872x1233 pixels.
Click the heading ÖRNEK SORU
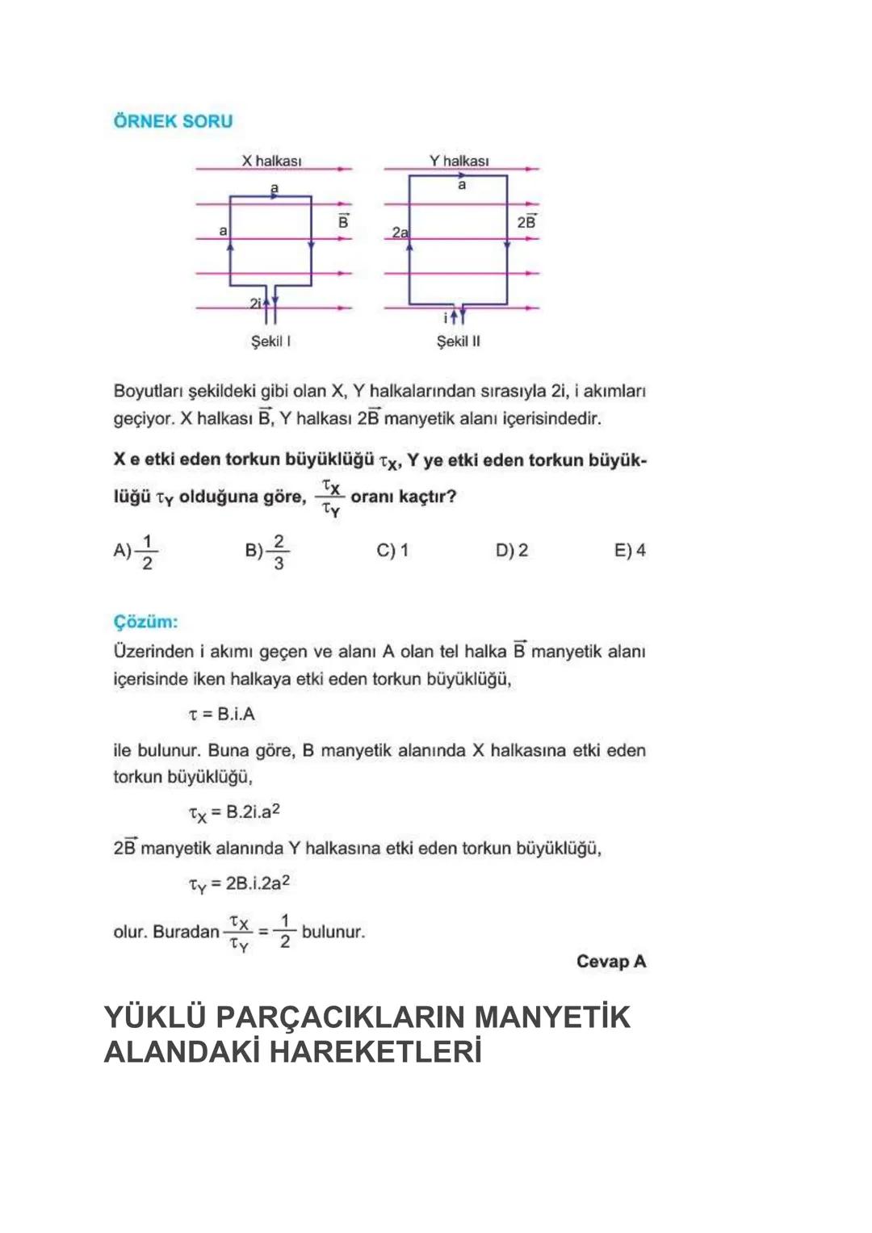pos(173,121)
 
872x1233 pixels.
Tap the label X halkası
pos(271,161)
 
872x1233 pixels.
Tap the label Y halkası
pos(459,161)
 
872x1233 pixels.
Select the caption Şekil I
pos(270,342)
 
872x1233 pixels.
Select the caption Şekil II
pos(458,342)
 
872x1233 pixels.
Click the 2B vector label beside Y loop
pos(526,221)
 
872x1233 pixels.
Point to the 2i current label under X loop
pos(255,304)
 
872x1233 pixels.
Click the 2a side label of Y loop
pos(400,233)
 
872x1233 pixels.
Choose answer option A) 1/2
pos(136,551)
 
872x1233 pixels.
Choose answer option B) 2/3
pos(267,551)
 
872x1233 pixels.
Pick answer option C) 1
pos(392,551)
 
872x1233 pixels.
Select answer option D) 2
pos(512,551)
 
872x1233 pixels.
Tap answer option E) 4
pos(630,551)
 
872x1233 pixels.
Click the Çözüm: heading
pos(145,622)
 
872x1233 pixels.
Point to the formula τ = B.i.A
pos(221,714)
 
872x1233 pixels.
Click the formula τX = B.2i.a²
pos(234,812)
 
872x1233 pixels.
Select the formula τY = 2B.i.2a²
pos(239,884)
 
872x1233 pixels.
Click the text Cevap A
pos(611,962)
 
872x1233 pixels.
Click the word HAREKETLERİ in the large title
pos(375,1052)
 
